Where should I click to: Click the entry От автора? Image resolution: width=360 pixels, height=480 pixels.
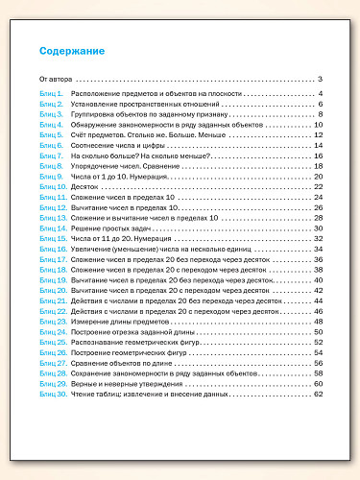point(56,79)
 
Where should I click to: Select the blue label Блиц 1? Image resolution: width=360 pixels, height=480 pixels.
point(51,93)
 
